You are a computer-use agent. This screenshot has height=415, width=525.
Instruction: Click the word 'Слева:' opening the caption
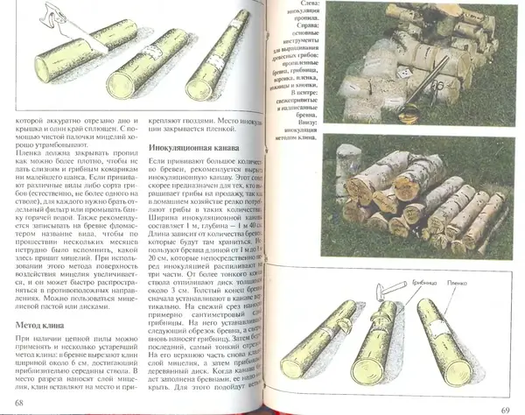[311, 6]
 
